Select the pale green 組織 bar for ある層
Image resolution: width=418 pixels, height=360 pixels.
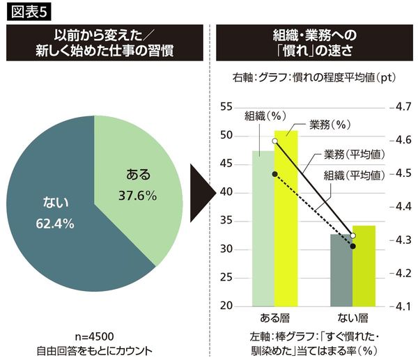(263, 230)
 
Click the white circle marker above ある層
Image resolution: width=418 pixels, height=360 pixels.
(275, 141)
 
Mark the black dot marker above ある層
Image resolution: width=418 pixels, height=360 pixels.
(275, 173)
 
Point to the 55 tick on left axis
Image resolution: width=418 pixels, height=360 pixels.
(226, 107)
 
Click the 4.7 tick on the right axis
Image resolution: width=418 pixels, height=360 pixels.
(404, 107)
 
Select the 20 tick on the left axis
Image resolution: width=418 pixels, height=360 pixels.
(226, 306)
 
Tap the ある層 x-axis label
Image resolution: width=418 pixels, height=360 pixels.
(274, 318)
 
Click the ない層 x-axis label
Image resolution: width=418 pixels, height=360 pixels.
(353, 318)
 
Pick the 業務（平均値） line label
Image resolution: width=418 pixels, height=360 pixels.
(355, 154)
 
